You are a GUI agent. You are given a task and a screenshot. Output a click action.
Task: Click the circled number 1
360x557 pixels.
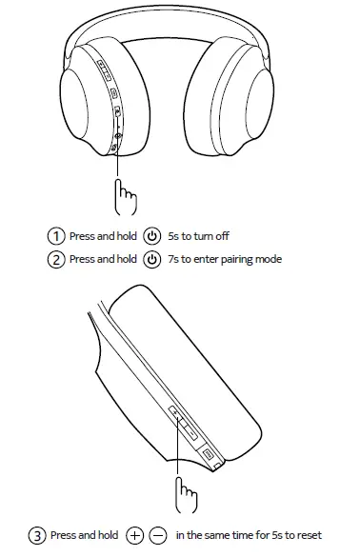pyautogui.click(x=57, y=235)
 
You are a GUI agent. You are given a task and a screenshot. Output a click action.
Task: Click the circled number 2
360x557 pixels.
pyautogui.click(x=57, y=259)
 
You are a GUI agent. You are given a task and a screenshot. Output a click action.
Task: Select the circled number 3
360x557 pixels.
pyautogui.click(x=37, y=536)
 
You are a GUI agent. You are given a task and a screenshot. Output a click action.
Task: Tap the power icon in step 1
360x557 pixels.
pyautogui.click(x=152, y=235)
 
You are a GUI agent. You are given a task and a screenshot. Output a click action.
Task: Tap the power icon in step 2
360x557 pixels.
pyautogui.click(x=152, y=259)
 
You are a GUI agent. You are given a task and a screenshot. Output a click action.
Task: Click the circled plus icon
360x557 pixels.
pyautogui.click(x=134, y=536)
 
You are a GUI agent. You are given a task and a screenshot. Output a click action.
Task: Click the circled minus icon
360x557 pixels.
pyautogui.click(x=157, y=536)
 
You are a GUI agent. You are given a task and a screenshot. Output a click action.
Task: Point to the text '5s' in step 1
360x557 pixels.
pyautogui.click(x=174, y=235)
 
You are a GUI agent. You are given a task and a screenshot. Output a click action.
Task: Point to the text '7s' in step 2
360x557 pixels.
pyautogui.click(x=174, y=259)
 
